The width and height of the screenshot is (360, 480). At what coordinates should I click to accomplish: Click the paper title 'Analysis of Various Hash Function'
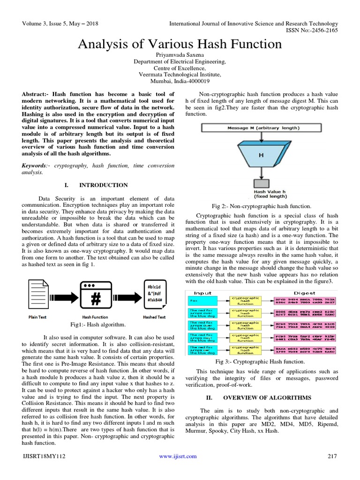tap(180, 44)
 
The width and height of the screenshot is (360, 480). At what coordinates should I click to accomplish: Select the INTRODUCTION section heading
tap(104, 185)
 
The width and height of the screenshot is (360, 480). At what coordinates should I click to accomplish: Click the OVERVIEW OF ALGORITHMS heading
tap(267, 398)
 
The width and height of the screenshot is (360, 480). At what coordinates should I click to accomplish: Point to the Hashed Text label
tap(154, 317)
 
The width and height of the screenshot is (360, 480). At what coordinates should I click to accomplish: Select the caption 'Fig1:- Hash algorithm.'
tap(97, 324)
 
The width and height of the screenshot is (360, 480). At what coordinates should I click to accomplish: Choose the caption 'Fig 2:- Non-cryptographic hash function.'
tap(261, 206)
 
